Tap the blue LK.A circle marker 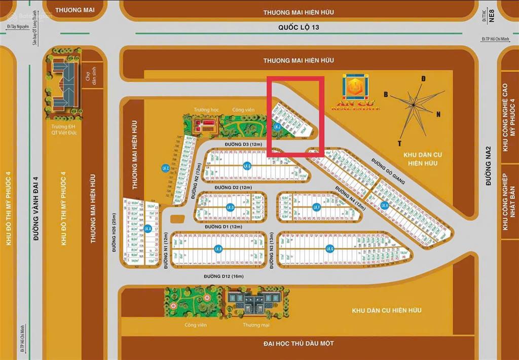(147, 229)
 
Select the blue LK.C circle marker (165, 168)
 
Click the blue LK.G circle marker (330, 248)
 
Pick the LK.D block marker (231, 207)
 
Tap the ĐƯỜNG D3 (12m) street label (243, 145)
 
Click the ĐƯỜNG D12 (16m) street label (224, 276)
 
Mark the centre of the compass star (414, 105)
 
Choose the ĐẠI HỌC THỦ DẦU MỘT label (299, 344)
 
